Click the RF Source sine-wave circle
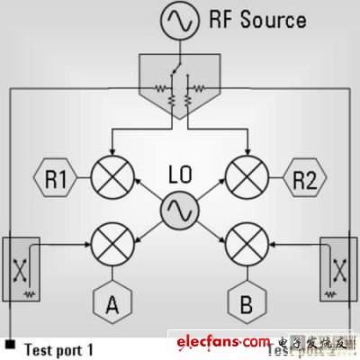tap(178, 20)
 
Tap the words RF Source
tap(256, 19)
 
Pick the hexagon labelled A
tap(112, 303)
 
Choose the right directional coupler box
tap(338, 267)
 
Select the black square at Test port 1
tap(10, 342)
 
